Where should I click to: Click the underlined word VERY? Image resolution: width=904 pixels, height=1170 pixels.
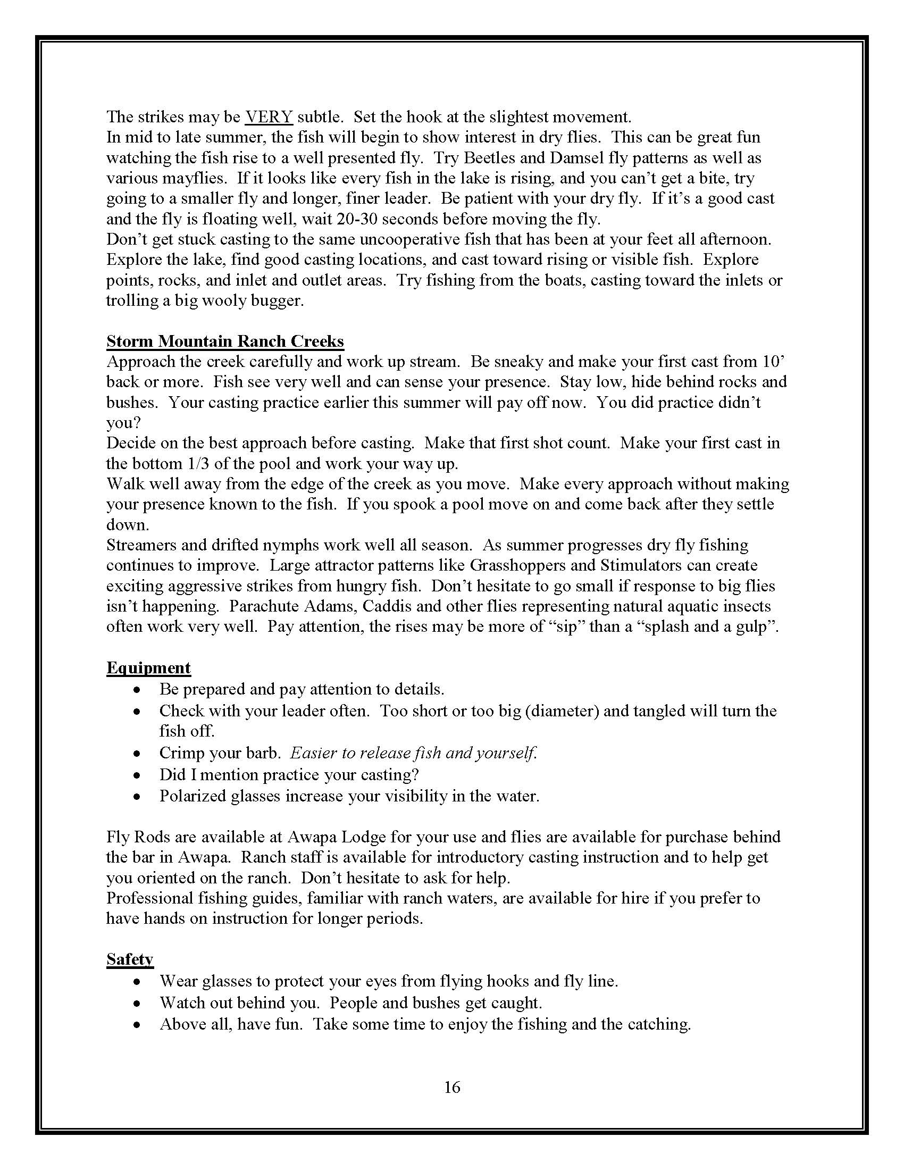coord(269,117)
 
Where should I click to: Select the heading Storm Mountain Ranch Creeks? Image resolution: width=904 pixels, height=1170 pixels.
coord(225,341)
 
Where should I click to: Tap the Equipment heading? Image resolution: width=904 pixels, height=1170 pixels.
coord(148,668)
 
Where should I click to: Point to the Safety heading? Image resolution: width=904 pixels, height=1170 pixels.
coord(130,959)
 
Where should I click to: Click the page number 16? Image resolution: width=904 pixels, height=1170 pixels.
coord(452,1087)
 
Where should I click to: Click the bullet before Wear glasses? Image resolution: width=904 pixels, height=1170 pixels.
coord(138,982)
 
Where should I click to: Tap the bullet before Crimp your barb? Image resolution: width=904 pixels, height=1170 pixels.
coord(138,754)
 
